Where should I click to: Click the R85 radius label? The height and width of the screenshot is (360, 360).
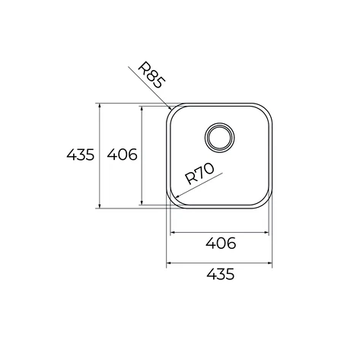(151, 75)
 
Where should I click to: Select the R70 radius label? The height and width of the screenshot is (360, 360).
(200, 174)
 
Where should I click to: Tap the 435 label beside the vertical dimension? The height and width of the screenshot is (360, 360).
(81, 155)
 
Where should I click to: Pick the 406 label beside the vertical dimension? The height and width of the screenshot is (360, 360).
(122, 155)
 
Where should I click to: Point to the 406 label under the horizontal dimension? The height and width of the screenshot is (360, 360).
(221, 243)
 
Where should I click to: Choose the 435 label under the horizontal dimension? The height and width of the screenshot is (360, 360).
(221, 274)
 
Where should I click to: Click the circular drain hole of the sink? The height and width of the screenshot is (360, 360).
(219, 137)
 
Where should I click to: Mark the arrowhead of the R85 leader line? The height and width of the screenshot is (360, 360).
(169, 107)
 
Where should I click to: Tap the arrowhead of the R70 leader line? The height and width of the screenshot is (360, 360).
(178, 196)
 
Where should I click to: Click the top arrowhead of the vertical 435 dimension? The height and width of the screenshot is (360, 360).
(100, 105)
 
